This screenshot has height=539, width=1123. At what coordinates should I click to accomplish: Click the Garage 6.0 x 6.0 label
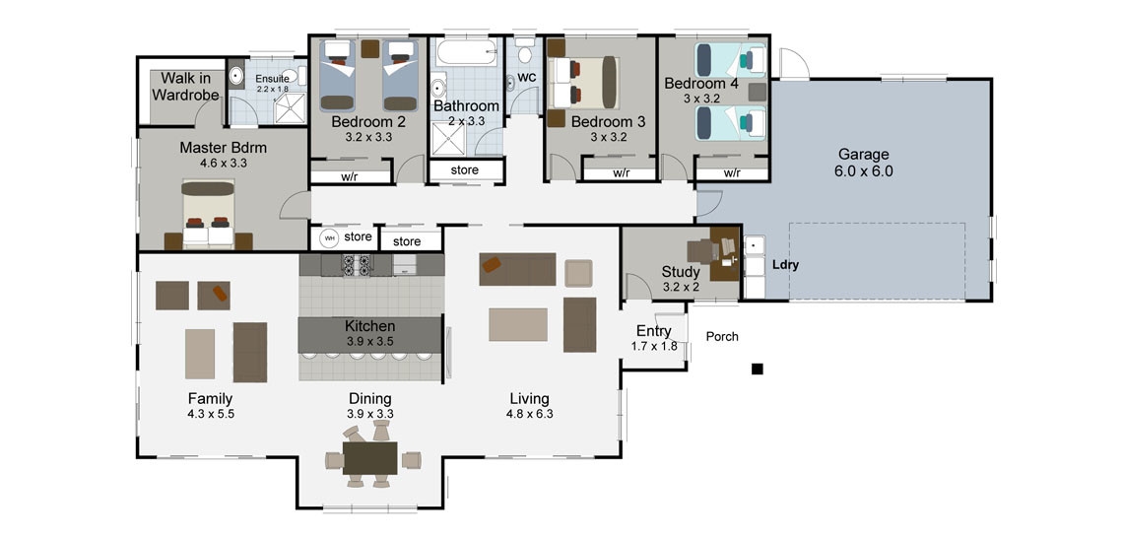[863, 163]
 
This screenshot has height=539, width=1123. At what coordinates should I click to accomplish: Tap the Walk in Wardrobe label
[184, 87]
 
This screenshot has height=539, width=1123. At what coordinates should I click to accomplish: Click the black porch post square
[757, 369]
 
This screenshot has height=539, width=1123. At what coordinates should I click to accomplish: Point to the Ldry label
[784, 265]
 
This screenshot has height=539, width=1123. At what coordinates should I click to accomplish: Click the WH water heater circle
[329, 237]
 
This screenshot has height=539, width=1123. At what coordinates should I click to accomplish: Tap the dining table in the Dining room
[369, 458]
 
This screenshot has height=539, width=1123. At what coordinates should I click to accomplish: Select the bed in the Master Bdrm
[208, 216]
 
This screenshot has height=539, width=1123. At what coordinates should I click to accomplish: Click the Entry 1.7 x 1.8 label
[654, 338]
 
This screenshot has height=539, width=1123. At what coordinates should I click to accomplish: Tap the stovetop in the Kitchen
[355, 264]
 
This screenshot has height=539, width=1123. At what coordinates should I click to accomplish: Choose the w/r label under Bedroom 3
[621, 173]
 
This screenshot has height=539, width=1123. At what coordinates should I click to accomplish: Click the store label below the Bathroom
[464, 170]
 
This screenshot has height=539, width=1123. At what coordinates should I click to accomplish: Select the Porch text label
[722, 336]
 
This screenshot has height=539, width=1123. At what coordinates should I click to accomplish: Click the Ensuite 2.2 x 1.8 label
[272, 83]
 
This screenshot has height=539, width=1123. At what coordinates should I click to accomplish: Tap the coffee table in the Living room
[517, 324]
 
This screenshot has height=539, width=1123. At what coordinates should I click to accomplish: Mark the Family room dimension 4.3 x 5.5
[211, 414]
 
